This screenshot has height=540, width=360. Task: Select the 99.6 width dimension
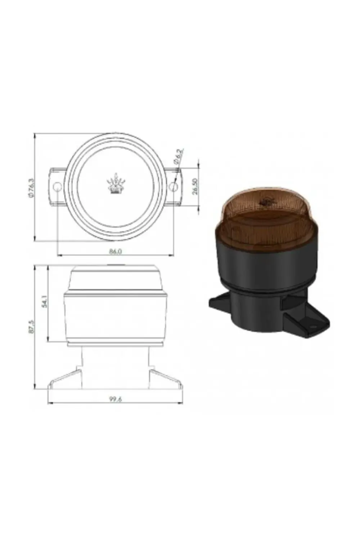116,399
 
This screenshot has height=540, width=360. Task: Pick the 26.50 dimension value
195,186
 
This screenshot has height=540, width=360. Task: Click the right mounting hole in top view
174,187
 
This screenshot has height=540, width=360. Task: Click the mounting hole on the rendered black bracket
312,328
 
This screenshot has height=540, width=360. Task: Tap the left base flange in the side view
65,378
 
